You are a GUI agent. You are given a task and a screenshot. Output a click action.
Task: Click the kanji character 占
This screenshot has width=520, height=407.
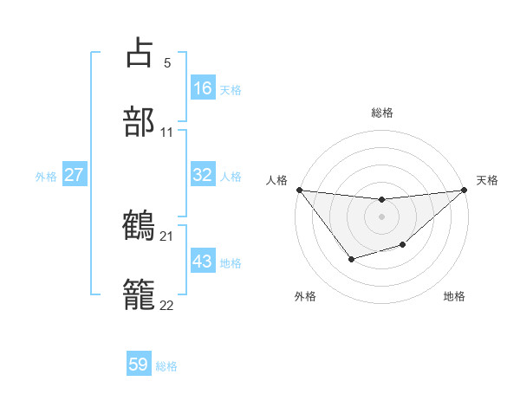[x=140, y=53]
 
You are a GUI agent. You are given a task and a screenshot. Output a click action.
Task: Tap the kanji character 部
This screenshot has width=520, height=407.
[x=140, y=122]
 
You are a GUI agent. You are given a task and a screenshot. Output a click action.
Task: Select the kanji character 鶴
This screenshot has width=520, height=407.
[x=140, y=226]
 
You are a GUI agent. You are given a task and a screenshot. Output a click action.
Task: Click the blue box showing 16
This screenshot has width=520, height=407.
[x=203, y=87]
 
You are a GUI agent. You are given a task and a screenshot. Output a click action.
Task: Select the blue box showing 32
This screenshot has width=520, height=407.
[x=203, y=174]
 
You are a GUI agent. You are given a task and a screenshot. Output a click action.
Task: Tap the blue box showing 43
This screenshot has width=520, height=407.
[x=203, y=262]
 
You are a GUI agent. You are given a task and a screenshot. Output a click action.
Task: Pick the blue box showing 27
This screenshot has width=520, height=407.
[x=74, y=175]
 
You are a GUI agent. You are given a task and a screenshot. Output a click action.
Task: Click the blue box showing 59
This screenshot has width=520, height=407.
[x=139, y=365]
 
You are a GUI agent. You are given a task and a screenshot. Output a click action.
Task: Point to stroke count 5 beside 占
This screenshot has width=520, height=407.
[x=167, y=63]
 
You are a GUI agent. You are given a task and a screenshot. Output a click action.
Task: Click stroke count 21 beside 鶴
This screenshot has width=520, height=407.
[x=166, y=236]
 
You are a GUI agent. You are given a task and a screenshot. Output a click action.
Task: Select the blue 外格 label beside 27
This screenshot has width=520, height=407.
[x=46, y=176]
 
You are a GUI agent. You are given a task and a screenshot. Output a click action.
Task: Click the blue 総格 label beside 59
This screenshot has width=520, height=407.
[x=166, y=366]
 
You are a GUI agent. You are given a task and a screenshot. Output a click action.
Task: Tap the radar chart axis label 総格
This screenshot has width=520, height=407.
[x=381, y=113]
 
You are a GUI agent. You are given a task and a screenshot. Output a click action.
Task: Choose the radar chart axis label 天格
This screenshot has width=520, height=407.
[x=488, y=180]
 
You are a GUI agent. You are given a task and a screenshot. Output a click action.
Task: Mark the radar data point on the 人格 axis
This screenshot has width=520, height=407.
[x=300, y=190]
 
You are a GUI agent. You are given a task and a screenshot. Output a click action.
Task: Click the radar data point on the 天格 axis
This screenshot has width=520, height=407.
[x=464, y=190]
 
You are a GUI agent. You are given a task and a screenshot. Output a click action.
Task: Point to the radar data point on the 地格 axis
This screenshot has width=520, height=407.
[x=402, y=246]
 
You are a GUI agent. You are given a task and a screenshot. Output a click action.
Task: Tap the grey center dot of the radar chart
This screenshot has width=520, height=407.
[x=381, y=216]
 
